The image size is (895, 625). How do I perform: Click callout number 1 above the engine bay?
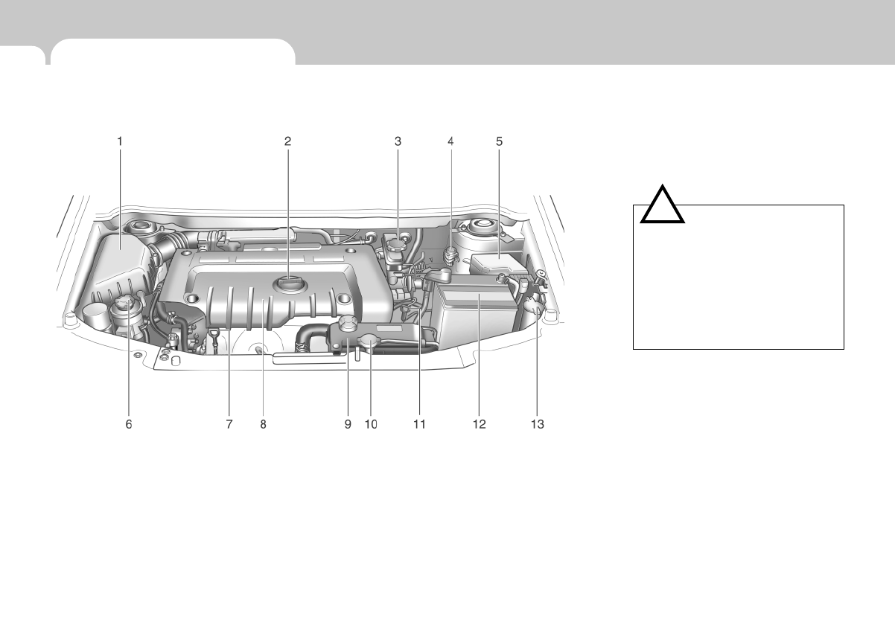click(120, 140)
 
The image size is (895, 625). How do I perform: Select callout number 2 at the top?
click(287, 140)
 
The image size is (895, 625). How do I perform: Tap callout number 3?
click(398, 140)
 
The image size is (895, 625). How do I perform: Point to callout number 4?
click(450, 140)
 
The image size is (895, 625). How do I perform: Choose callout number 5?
click(500, 140)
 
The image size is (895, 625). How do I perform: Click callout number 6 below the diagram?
click(128, 424)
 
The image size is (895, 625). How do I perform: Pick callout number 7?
click(229, 424)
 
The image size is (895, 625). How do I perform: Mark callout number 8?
click(263, 424)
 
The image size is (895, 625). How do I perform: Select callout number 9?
click(347, 424)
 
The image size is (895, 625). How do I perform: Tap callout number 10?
click(371, 424)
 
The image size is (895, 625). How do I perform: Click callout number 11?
click(419, 424)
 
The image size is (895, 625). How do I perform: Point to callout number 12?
click(479, 424)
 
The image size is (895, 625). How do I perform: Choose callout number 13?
click(537, 424)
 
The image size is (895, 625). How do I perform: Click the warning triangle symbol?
click(663, 206)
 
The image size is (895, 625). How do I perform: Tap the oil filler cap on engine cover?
click(289, 283)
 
